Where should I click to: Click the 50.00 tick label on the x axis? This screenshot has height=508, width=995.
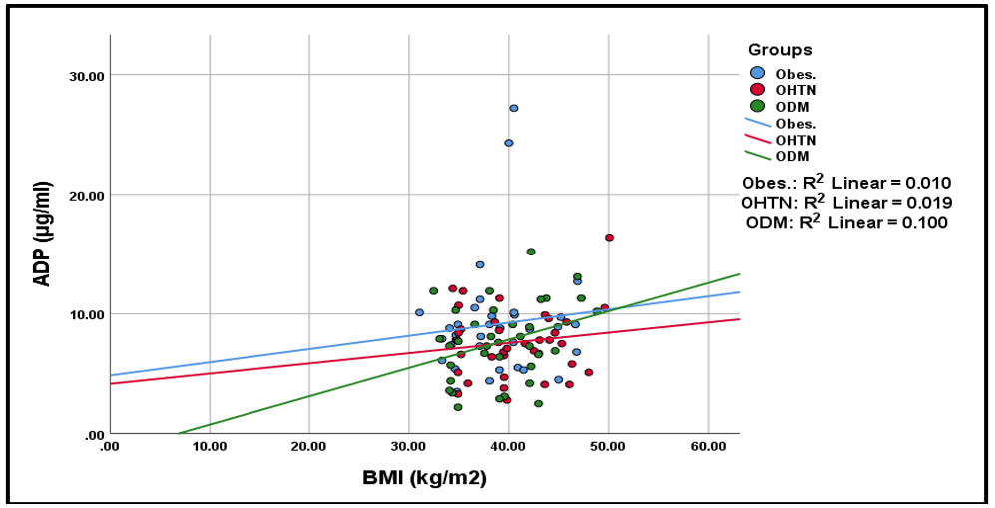pos(608,446)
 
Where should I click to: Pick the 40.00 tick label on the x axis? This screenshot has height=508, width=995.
pos(508,446)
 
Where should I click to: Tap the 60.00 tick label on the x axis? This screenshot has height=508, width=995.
pos(708,446)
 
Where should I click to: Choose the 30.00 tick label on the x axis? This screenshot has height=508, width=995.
pos(408,446)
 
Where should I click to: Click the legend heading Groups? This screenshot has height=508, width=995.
pos(780,50)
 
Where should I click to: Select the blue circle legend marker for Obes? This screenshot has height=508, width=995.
pos(758,73)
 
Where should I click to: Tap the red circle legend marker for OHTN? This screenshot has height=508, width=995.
pos(758,90)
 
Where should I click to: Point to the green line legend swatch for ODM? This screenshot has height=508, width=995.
pos(758,154)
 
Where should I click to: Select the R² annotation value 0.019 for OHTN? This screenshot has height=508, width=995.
pos(928,203)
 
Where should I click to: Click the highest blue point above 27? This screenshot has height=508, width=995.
pos(514,108)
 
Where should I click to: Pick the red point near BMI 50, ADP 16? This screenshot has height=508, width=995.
pos(609,238)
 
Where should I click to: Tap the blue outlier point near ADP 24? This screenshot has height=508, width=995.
pos(508,143)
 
